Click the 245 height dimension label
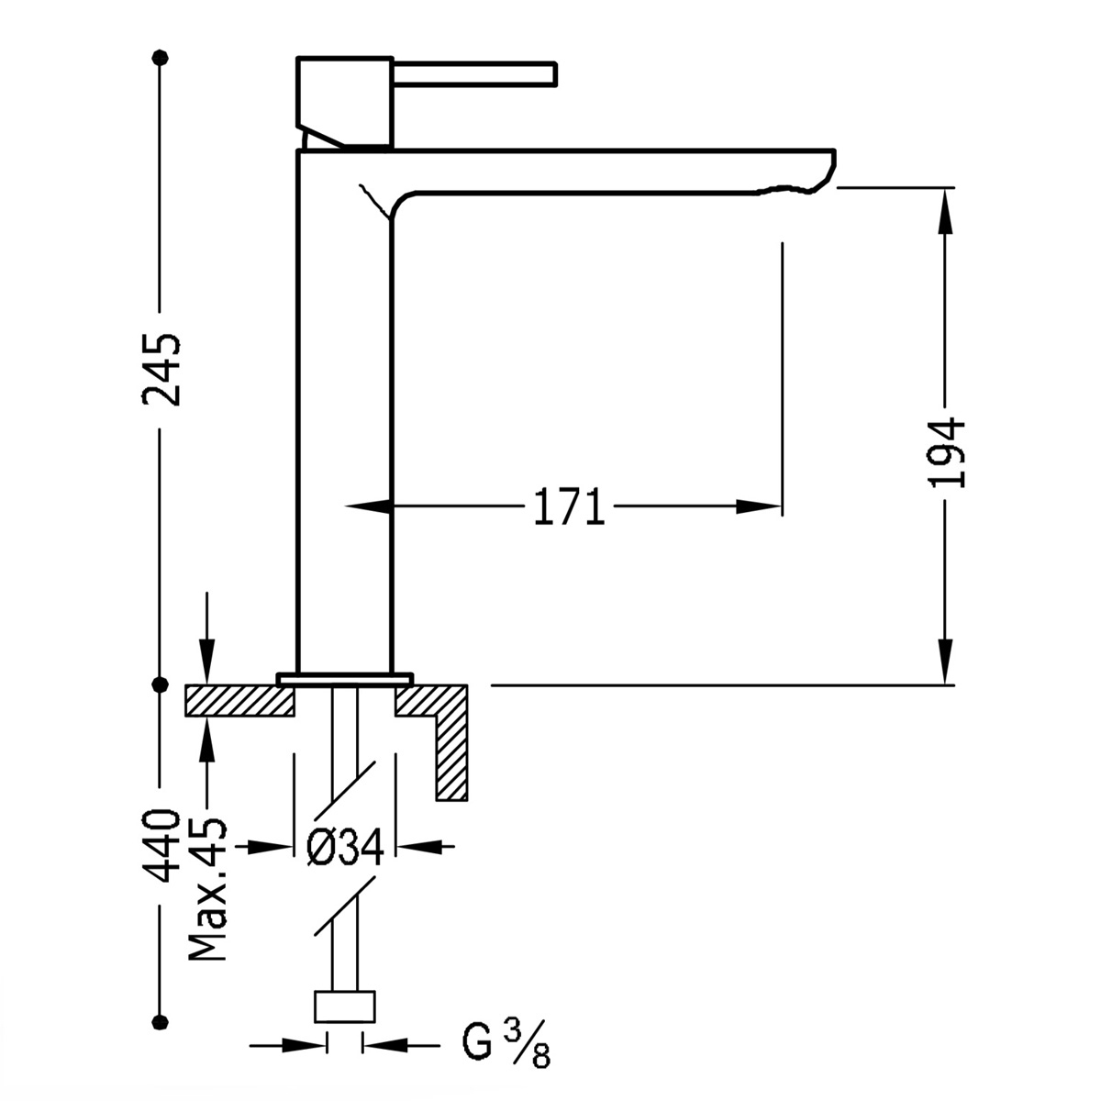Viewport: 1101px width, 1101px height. (x=161, y=369)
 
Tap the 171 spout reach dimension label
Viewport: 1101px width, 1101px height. (x=569, y=506)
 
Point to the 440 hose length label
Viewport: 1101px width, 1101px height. (x=161, y=844)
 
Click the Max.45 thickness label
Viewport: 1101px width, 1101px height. (x=209, y=888)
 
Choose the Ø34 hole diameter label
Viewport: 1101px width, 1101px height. (x=343, y=850)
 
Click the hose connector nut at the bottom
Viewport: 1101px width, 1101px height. (x=345, y=1006)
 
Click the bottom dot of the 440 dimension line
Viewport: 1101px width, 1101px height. (x=161, y=1021)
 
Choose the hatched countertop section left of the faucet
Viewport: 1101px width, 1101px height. (x=239, y=701)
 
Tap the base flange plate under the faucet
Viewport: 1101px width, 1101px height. (x=345, y=679)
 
